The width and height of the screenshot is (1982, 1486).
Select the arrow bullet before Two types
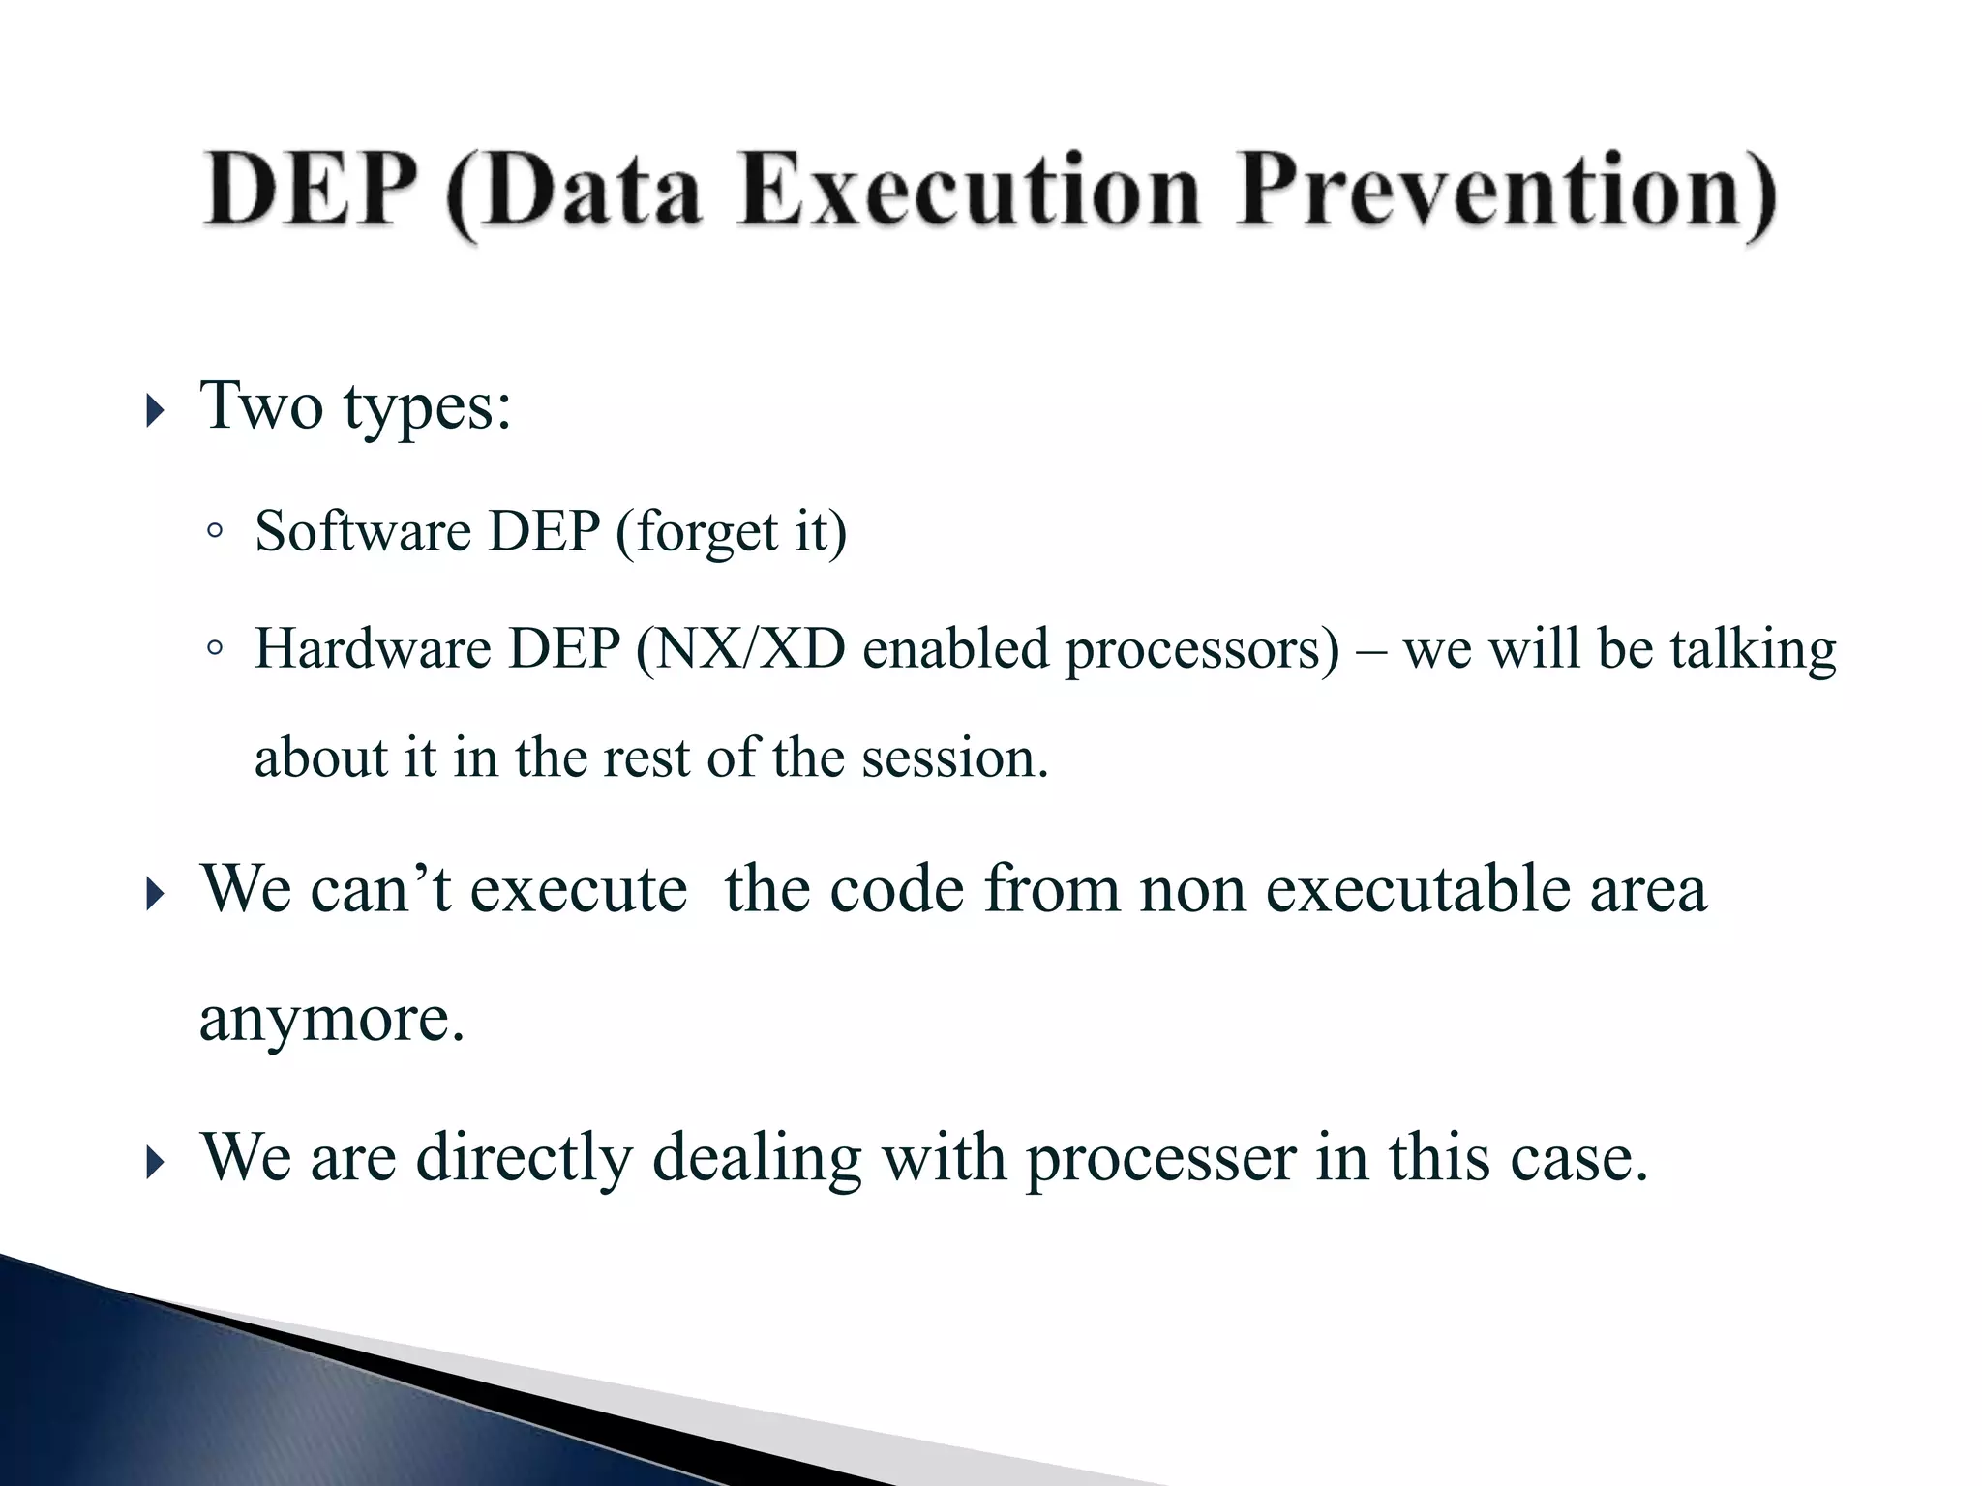point(155,411)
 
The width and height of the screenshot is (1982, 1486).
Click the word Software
point(363,531)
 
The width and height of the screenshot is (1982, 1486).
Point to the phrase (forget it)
point(731,533)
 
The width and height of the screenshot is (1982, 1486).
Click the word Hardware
point(373,648)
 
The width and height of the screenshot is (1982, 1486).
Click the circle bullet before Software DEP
point(215,530)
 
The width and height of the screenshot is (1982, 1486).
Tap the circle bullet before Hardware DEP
point(215,647)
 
